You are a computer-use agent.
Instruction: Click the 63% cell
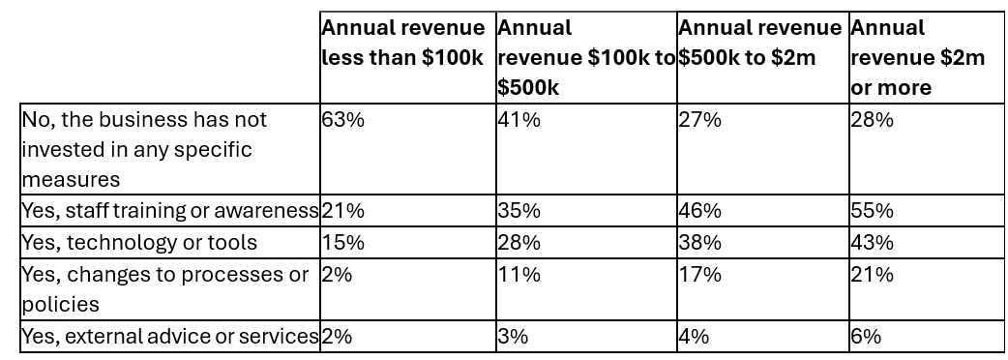coord(342,120)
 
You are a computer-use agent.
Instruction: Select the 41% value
coord(519,120)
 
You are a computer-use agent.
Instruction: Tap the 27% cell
coord(700,120)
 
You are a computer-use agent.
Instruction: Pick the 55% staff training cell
coord(873,211)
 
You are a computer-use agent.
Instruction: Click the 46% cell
coord(700,211)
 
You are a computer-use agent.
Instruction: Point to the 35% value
coord(519,211)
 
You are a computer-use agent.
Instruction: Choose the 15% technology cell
coord(342,242)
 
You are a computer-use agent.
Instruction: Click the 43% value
coord(873,242)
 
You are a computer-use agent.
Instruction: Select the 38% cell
coord(700,242)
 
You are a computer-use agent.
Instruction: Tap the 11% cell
coord(519,275)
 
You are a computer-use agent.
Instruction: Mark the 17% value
coord(700,275)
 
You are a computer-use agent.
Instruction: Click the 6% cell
coord(866,337)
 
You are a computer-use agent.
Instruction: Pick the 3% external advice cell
coord(513,337)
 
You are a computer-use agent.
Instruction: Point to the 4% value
coord(694,337)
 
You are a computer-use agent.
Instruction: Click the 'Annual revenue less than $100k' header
coord(403,43)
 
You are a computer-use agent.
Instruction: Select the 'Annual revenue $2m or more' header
coord(917,57)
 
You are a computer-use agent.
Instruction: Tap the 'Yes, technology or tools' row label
coord(139,242)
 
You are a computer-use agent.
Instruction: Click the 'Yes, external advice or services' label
coord(169,337)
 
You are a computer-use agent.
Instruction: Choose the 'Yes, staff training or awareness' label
coord(169,211)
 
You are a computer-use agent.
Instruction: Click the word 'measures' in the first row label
coord(71,179)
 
